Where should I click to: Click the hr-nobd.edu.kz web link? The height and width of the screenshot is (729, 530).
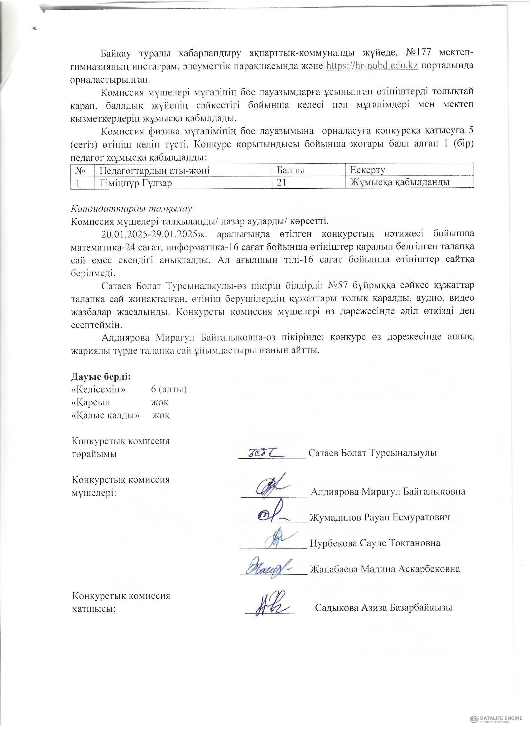click(x=372, y=65)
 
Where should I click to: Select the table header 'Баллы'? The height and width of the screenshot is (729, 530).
click(x=291, y=170)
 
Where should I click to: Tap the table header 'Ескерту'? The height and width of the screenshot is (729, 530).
click(x=368, y=170)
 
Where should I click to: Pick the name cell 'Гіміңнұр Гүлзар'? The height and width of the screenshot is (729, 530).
click(x=136, y=183)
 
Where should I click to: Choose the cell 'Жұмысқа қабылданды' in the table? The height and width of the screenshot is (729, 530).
click(x=399, y=183)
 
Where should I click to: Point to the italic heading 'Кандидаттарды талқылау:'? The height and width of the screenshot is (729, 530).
click(x=133, y=209)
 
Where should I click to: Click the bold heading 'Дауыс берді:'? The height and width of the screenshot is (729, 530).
click(x=101, y=376)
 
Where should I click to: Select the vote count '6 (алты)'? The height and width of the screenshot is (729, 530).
click(x=169, y=389)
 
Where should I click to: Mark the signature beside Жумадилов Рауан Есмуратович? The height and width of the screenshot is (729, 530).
click(x=271, y=515)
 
